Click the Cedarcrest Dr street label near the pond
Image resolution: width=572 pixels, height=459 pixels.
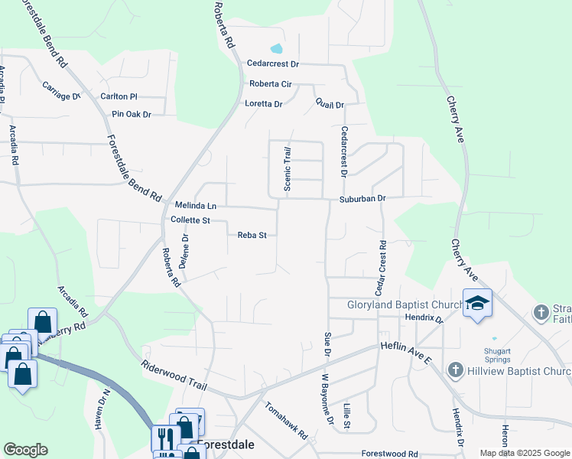click(x=272, y=64)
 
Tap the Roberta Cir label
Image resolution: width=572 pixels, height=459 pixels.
click(x=271, y=84)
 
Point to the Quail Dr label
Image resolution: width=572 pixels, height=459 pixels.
click(x=330, y=105)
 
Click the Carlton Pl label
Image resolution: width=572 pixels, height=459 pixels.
click(x=119, y=96)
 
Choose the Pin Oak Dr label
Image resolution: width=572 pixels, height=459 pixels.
click(x=132, y=114)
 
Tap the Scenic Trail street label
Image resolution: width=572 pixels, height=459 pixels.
click(x=288, y=169)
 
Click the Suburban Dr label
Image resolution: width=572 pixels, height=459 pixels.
click(x=363, y=198)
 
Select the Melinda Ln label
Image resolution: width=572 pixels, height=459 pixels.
click(x=196, y=206)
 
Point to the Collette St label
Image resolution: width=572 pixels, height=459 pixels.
click(x=190, y=220)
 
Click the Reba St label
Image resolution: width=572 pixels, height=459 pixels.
click(x=252, y=236)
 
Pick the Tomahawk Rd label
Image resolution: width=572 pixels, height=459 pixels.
click(x=286, y=422)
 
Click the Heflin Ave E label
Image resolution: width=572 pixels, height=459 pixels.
click(x=405, y=347)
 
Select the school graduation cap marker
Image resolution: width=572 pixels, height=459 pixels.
click(x=477, y=303)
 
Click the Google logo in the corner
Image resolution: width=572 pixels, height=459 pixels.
click(x=25, y=450)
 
